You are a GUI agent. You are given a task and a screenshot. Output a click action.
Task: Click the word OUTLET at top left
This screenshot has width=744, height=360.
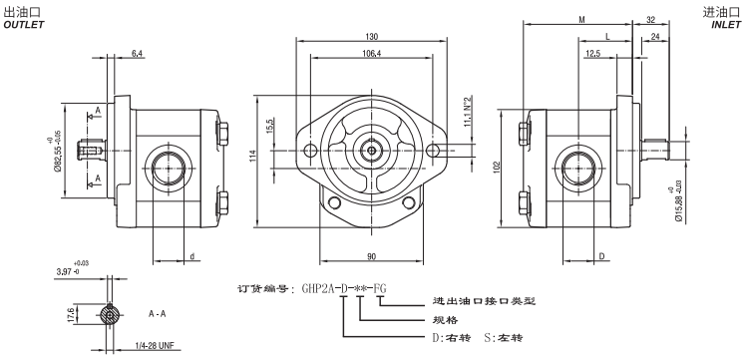[x=25, y=25]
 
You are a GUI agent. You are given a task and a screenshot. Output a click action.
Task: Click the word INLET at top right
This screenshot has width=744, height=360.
[x=727, y=25]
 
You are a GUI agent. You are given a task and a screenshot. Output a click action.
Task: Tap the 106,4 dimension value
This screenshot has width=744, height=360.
[x=370, y=54]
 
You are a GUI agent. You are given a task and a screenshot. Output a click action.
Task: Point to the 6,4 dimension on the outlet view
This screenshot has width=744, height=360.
[x=136, y=52]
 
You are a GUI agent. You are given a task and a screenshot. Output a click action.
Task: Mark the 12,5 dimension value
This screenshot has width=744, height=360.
[x=593, y=54]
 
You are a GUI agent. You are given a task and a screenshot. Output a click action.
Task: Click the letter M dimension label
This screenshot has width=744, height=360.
[x=582, y=19]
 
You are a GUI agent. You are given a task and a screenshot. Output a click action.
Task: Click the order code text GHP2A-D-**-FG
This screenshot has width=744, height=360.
[x=344, y=289]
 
